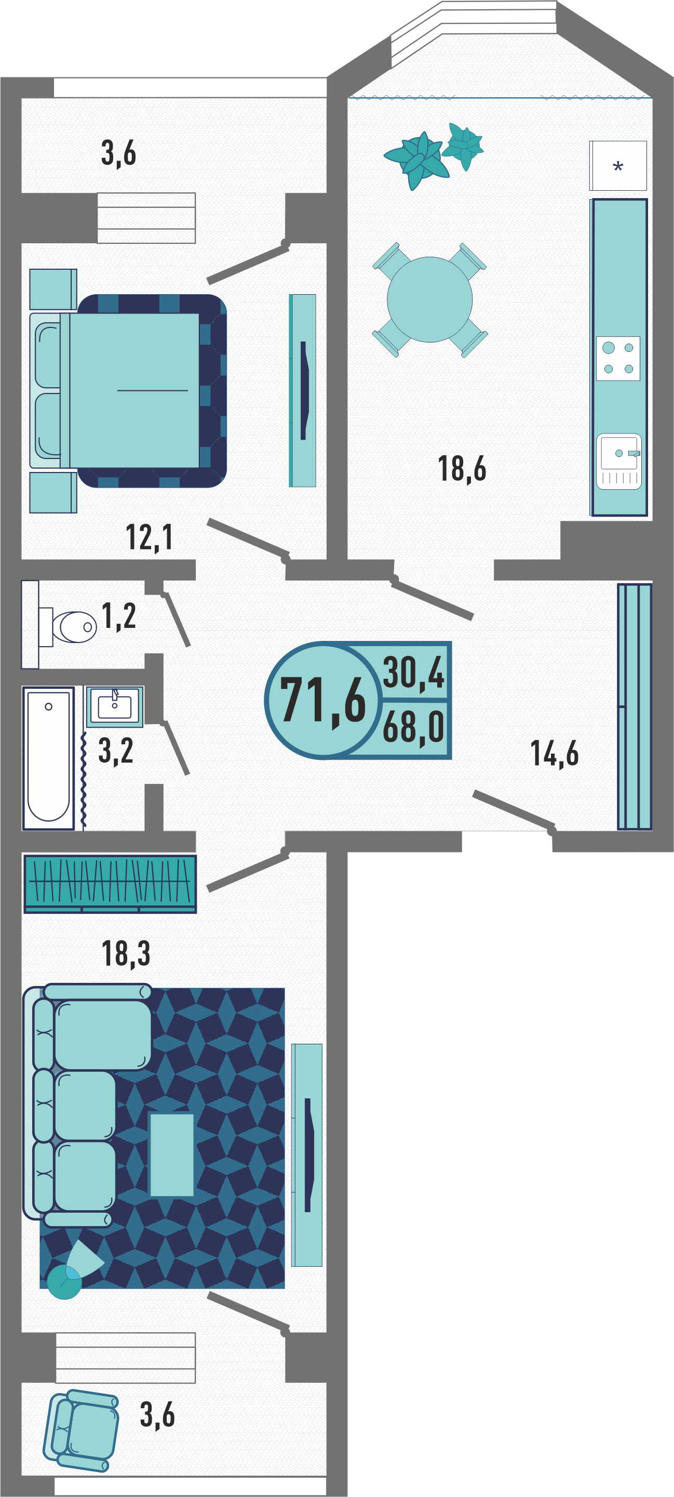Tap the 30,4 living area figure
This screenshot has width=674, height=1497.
pyautogui.click(x=413, y=673)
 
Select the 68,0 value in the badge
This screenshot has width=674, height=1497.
pyautogui.click(x=413, y=727)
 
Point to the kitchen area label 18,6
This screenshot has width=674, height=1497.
pyautogui.click(x=462, y=468)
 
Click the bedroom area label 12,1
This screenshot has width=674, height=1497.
pyautogui.click(x=149, y=537)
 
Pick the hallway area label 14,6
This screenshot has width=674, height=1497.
pyautogui.click(x=555, y=753)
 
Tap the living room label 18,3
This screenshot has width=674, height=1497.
pyautogui.click(x=126, y=954)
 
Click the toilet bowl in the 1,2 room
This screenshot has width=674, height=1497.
pyautogui.click(x=68, y=626)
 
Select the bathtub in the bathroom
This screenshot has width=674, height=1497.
pyautogui.click(x=48, y=758)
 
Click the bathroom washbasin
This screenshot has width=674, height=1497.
pyautogui.click(x=114, y=706)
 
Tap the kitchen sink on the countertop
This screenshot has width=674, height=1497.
pyautogui.click(x=619, y=462)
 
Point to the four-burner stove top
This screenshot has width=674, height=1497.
pyautogui.click(x=618, y=359)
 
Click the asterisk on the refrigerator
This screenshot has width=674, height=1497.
pyautogui.click(x=618, y=167)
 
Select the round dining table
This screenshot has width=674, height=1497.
pyautogui.click(x=429, y=299)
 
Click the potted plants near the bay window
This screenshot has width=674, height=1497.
pyautogui.click(x=434, y=154)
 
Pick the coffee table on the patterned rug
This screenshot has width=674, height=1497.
pyautogui.click(x=172, y=1154)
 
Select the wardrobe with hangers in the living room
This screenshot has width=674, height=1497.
pyautogui.click(x=110, y=883)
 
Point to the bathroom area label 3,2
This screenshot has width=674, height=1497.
pyautogui.click(x=116, y=750)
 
